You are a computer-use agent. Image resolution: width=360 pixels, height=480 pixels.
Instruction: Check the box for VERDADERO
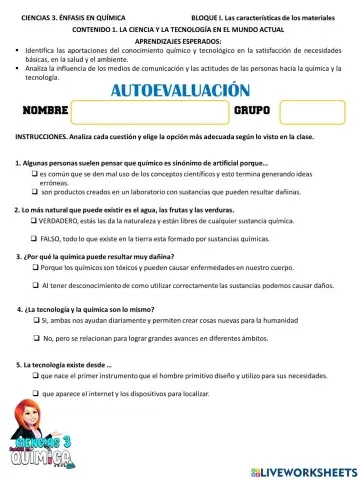click(35, 222)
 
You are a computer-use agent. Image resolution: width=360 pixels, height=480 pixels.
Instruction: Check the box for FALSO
click(35, 240)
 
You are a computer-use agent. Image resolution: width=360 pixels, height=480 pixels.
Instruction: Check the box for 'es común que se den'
click(35, 174)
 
